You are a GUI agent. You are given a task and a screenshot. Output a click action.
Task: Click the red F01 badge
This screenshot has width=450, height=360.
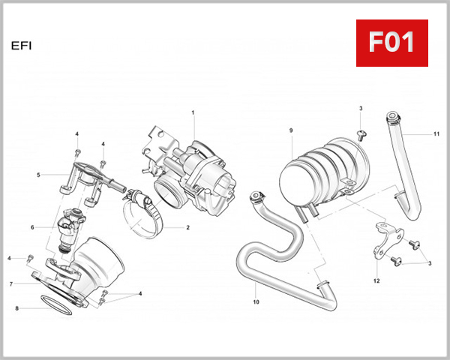[391, 43]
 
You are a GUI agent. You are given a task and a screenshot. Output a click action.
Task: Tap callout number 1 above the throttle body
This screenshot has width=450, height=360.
[193, 112]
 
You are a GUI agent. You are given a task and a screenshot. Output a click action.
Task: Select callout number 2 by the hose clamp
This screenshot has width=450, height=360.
[187, 227]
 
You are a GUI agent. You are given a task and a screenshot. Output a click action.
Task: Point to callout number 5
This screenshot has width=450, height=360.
[38, 175]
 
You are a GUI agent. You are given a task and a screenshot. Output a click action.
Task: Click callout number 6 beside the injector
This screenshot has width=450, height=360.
[32, 227]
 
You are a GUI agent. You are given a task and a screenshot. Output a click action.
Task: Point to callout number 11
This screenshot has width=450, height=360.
[436, 134]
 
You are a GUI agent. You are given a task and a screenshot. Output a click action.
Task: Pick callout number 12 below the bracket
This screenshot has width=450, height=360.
[376, 281]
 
